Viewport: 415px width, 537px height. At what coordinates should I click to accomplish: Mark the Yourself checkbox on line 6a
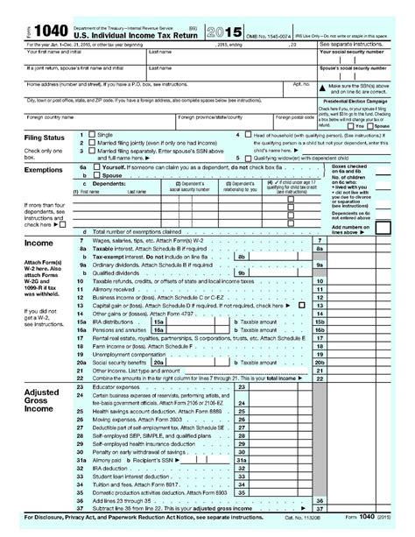point(96,166)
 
